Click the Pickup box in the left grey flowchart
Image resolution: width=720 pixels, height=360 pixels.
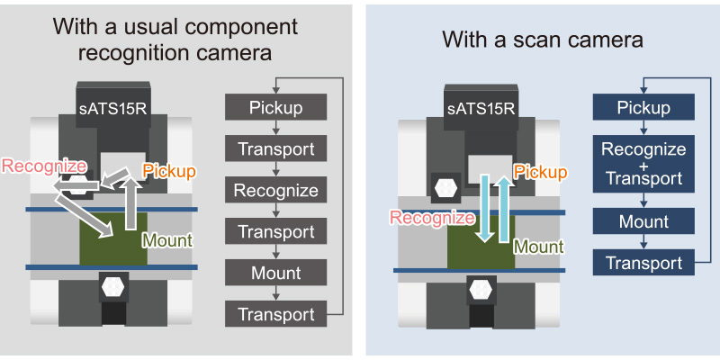pos(275,108)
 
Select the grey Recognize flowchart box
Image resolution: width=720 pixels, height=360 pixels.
pos(275,191)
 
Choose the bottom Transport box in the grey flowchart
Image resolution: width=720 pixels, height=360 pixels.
pos(275,315)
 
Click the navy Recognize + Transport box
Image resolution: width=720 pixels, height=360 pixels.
pos(643,165)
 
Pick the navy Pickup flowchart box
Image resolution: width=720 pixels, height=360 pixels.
pos(643,108)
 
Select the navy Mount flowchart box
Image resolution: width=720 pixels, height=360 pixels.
pos(643,221)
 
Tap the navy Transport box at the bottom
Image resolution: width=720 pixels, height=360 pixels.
pos(643,263)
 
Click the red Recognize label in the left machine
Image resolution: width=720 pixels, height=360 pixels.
pos(44,166)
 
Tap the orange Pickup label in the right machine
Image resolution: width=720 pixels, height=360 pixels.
pos(540,172)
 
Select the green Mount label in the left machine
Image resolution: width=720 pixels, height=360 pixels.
pos(167,241)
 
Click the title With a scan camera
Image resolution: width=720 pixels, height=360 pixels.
pos(542,40)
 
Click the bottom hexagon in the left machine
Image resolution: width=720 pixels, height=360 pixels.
pos(112,288)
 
